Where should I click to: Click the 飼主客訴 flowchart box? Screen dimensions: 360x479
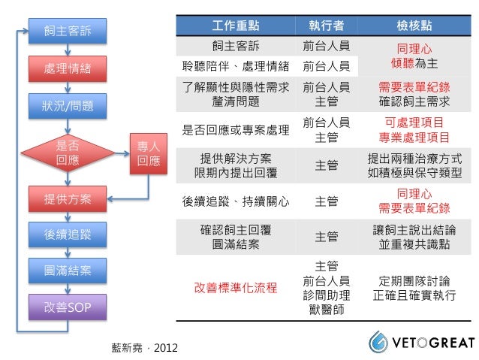pyautogui.click(x=68, y=31)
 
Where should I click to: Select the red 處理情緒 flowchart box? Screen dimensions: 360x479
pyautogui.click(x=68, y=68)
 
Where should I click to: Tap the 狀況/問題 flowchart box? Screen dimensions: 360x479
pyautogui.click(x=68, y=105)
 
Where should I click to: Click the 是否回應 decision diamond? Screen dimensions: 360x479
pyautogui.click(x=68, y=153)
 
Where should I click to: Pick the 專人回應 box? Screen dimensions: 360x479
pyautogui.click(x=149, y=153)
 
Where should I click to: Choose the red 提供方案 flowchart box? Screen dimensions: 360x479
pyautogui.click(x=68, y=199)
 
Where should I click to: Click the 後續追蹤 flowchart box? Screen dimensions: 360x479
pyautogui.click(x=68, y=234)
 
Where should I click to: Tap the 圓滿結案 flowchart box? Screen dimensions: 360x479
pyautogui.click(x=68, y=270)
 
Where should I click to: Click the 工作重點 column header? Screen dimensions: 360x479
pyautogui.click(x=236, y=25)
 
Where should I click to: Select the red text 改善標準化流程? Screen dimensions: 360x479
pyautogui.click(x=236, y=287)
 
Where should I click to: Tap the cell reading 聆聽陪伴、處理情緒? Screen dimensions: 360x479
pyautogui.click(x=236, y=66)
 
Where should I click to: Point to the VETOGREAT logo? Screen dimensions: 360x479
pyautogui.click(x=421, y=343)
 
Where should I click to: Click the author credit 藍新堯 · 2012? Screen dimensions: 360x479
pyautogui.click(x=145, y=348)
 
